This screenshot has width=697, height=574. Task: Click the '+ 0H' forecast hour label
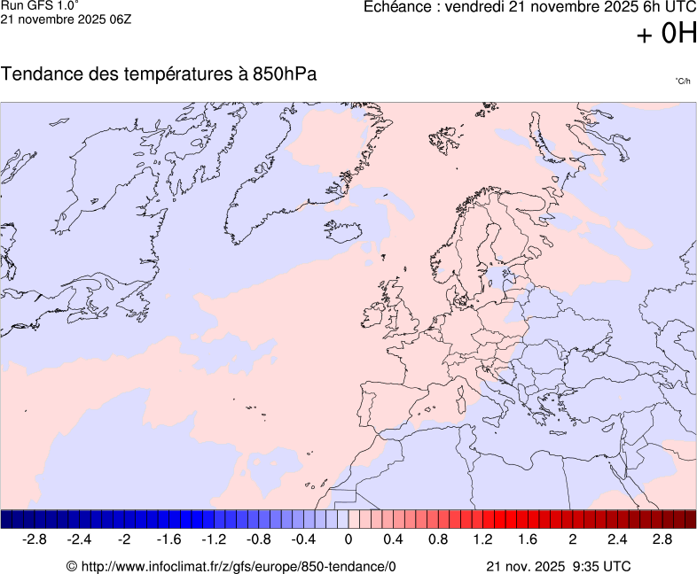[667, 34]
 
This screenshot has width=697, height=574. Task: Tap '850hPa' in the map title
[284, 74]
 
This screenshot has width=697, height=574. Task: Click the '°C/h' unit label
[682, 81]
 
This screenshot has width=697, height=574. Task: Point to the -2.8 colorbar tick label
[35, 539]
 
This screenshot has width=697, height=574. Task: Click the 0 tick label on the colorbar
[348, 539]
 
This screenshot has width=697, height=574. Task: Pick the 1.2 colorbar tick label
[482, 539]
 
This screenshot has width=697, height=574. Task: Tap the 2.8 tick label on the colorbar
[662, 539]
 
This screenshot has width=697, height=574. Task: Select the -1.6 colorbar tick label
[168, 539]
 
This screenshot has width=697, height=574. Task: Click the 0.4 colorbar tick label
[393, 539]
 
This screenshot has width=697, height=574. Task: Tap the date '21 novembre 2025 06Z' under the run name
[66, 19]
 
